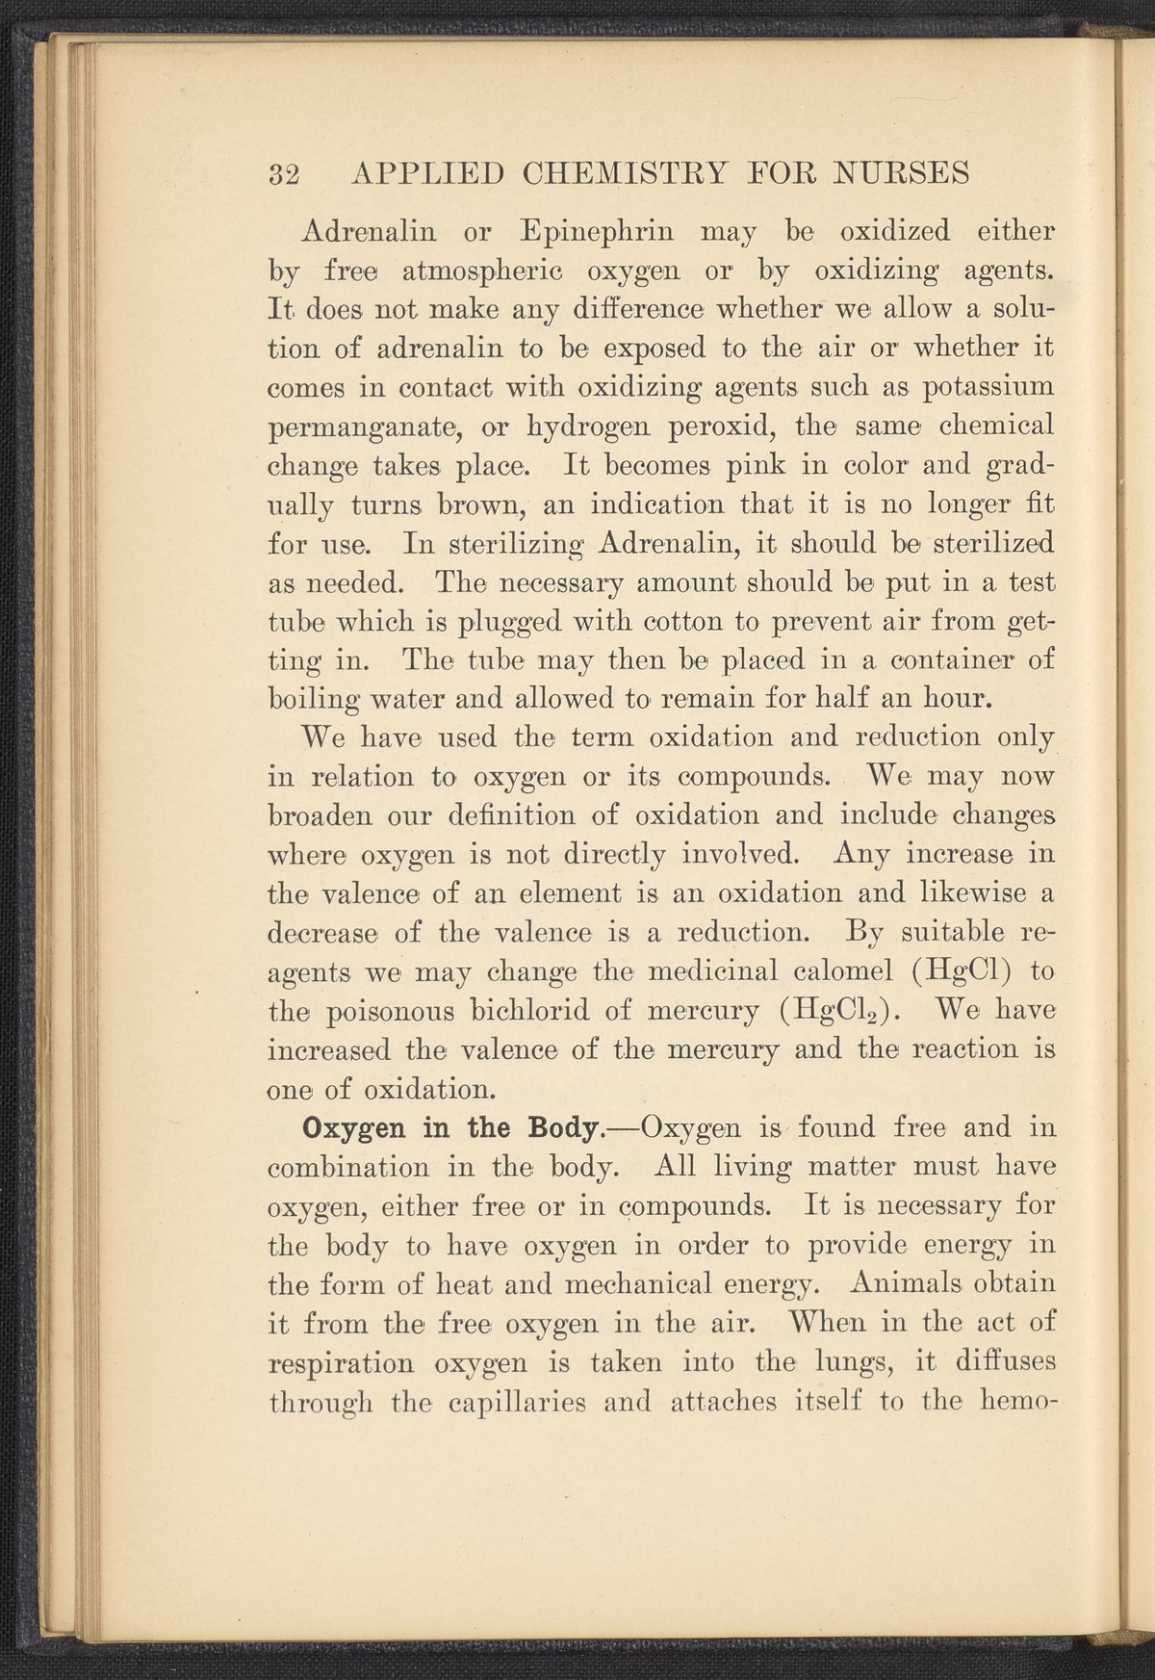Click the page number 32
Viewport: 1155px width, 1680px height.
(284, 174)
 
